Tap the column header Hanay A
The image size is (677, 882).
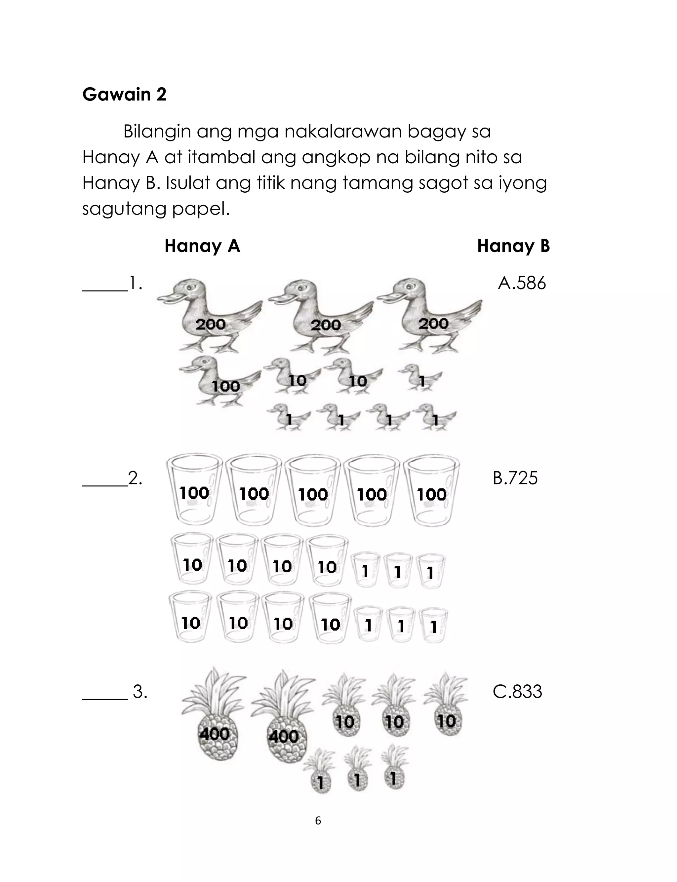[202, 246]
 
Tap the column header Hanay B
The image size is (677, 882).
[513, 246]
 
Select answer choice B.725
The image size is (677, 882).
[515, 478]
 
